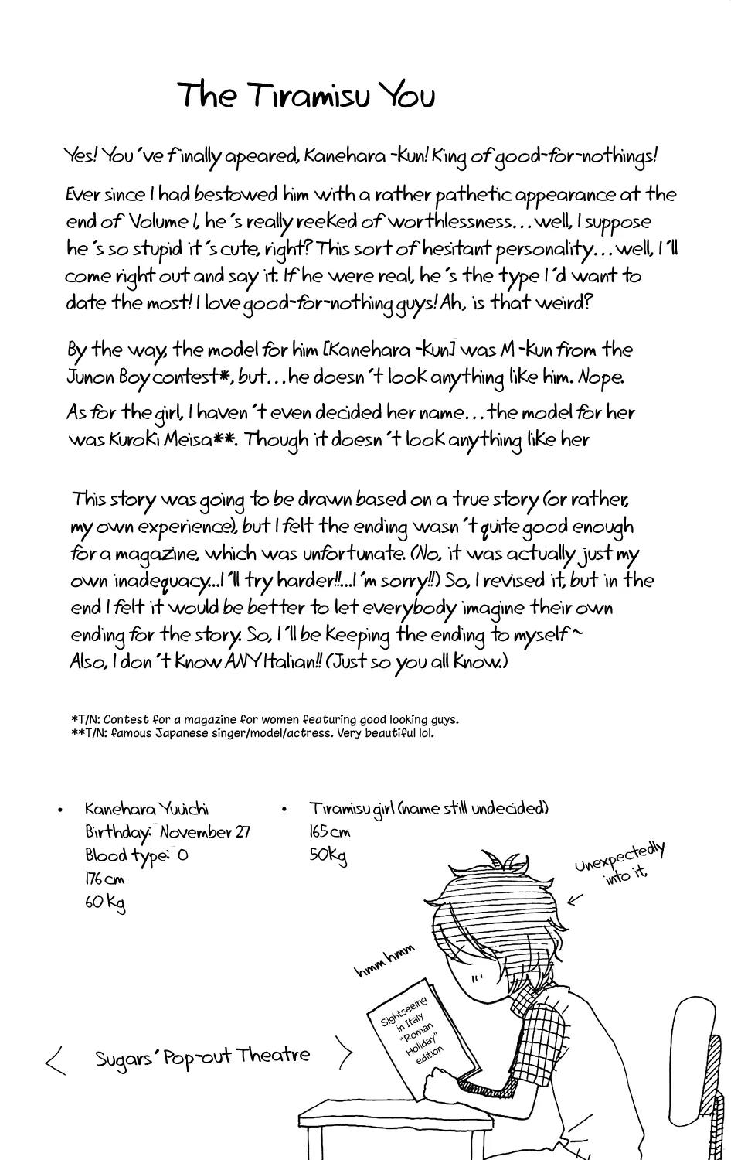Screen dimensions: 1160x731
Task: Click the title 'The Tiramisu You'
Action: [x=307, y=96]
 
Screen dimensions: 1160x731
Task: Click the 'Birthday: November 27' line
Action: [x=167, y=832]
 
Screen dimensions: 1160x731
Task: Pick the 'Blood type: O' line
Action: [x=136, y=856]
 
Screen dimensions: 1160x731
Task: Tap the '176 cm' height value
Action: [x=105, y=879]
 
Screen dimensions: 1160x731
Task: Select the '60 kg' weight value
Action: [x=105, y=902]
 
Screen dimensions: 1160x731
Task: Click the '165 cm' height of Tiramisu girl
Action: [x=329, y=832]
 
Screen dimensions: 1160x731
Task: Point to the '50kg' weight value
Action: [x=328, y=855]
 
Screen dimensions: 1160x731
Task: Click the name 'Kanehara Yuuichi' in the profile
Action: [x=147, y=809]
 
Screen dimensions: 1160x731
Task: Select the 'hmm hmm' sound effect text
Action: [x=385, y=959]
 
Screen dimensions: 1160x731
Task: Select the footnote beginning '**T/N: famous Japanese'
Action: [x=252, y=732]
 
